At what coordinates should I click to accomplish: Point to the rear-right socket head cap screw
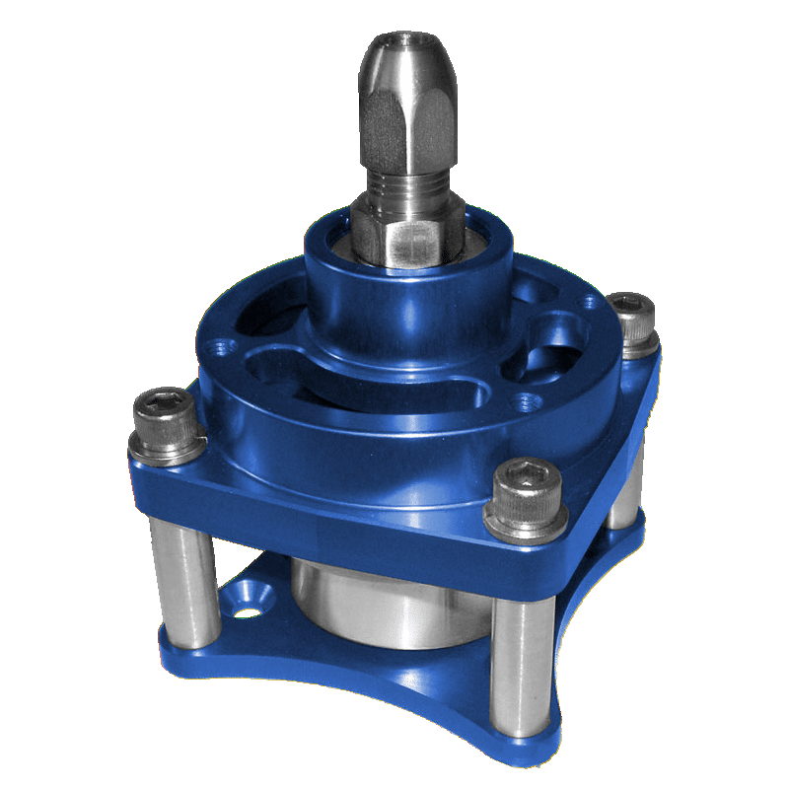point(631,317)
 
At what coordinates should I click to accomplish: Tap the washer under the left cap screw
point(168,450)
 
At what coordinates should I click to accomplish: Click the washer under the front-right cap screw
point(525,518)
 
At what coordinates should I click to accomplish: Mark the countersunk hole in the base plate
point(245,599)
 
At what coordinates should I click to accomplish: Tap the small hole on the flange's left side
point(219,346)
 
